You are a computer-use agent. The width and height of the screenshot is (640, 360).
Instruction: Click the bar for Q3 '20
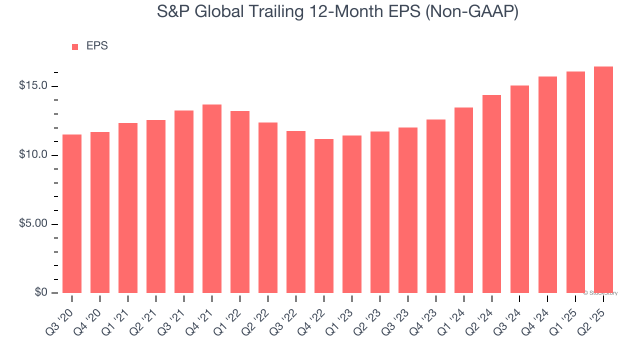pos(72,213)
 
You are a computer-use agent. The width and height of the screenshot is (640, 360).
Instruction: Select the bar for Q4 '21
pos(212,198)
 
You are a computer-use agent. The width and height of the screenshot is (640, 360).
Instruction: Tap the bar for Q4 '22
pos(324,216)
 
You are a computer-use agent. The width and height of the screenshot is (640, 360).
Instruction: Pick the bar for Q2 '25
pos(603,179)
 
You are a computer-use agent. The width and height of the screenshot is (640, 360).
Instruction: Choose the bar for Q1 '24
pos(463,200)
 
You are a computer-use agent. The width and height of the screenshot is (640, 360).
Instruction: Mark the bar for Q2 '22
pos(268,207)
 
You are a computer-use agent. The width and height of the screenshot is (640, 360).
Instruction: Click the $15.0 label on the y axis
pos(33,86)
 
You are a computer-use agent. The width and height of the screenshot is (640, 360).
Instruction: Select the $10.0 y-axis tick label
pos(33,155)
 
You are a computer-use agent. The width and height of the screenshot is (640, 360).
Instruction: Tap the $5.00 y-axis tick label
pos(33,224)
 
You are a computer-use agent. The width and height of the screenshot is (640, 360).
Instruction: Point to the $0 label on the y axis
pos(41,292)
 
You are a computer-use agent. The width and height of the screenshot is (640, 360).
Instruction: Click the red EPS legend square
pos(75,46)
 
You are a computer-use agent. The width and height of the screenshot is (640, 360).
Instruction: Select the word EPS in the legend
pos(97,46)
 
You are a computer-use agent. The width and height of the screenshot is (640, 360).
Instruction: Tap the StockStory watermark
pos(600,293)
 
